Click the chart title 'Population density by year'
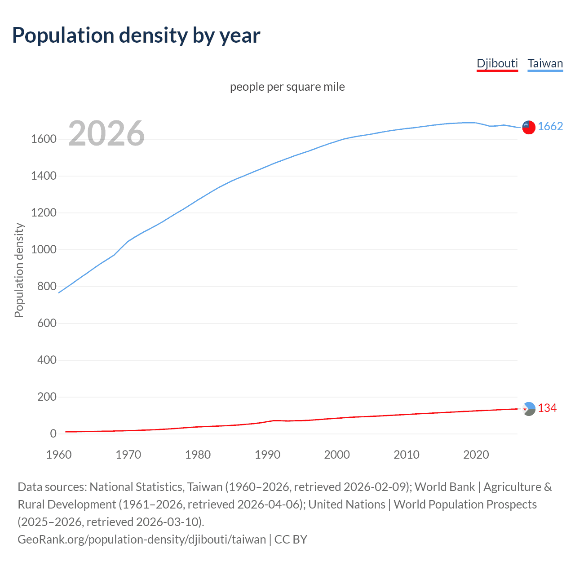(136, 35)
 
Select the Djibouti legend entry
(497, 63)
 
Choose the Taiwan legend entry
(545, 63)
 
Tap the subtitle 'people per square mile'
(287, 87)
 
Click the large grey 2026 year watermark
(106, 133)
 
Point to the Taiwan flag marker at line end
(529, 127)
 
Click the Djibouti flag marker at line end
(529, 409)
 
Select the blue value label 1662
(550, 126)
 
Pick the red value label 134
(547, 408)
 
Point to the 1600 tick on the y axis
(44, 139)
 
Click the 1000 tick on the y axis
(44, 250)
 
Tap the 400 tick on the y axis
(47, 360)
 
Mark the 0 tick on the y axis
(53, 434)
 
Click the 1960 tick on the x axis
(59, 455)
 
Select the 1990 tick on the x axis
(267, 455)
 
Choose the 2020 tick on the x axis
(476, 455)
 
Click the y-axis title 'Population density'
(19, 270)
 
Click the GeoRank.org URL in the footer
(142, 540)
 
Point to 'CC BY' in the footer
(291, 540)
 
